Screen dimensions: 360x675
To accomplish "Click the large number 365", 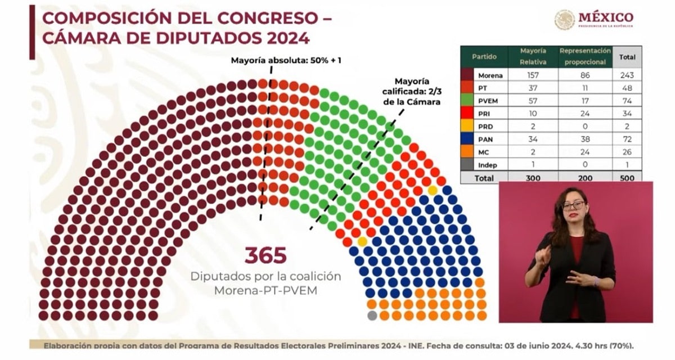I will (265, 255).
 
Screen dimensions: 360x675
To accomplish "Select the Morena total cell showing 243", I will (627, 75).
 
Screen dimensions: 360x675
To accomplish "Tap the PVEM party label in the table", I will (485, 101).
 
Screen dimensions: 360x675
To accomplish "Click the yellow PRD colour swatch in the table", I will (467, 127).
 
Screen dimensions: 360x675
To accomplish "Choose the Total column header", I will (627, 57).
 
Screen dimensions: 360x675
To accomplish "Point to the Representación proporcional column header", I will (585, 57).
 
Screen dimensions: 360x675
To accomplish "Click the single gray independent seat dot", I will (372, 316).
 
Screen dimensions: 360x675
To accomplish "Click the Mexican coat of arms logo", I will (564, 20).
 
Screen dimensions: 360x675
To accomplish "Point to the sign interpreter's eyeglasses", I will (573, 205).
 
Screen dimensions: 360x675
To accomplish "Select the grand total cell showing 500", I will (627, 178).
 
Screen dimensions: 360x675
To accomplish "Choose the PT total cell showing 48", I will (627, 88).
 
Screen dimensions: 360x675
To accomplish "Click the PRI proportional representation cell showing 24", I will (585, 114).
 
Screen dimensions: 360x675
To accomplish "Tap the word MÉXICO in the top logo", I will (606, 17).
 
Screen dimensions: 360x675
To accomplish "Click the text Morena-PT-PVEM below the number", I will (265, 290).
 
